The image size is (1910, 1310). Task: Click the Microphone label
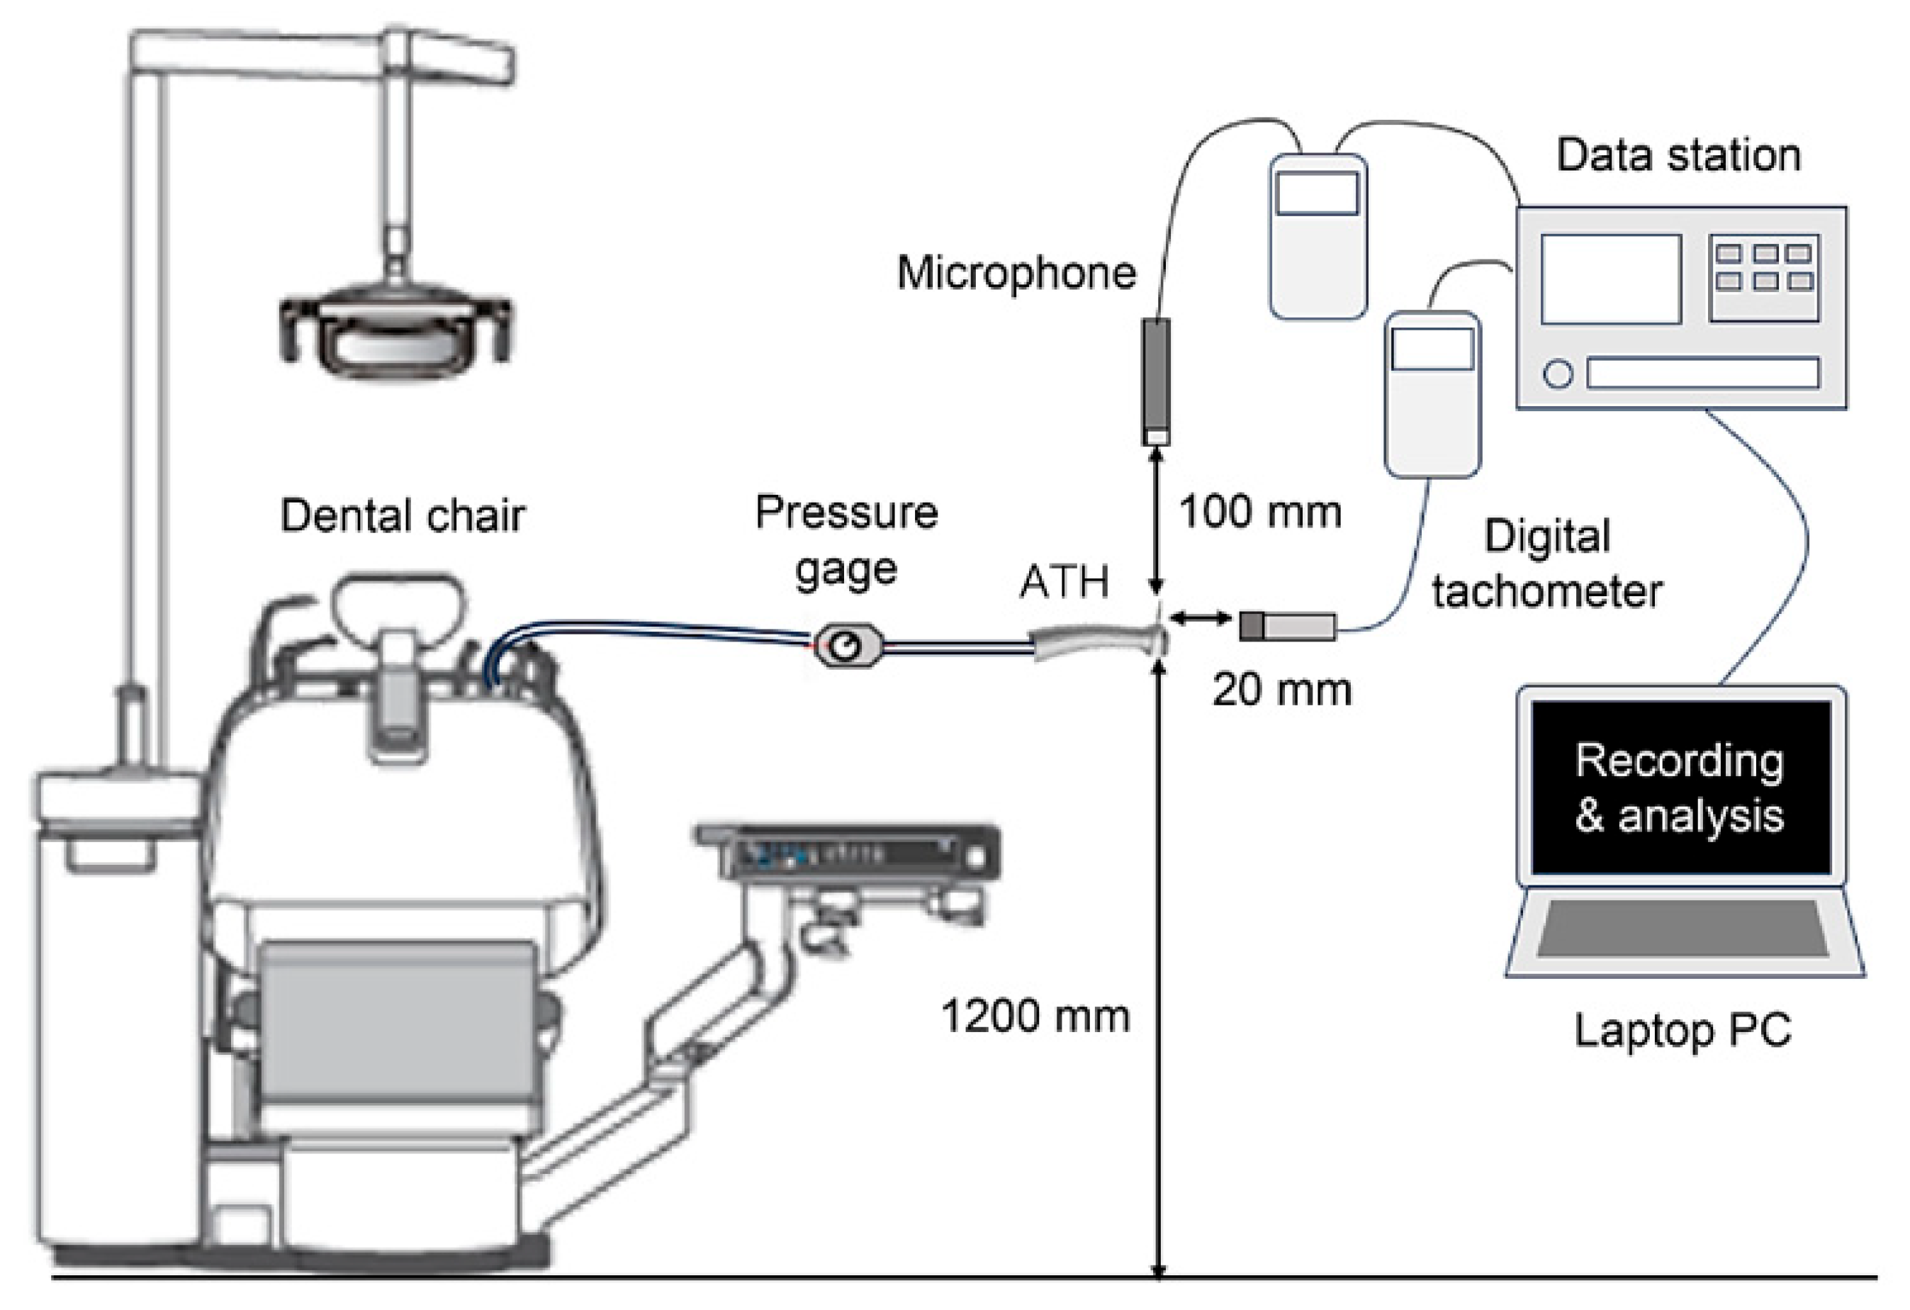coord(1016,273)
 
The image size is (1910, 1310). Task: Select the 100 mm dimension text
coord(1260,512)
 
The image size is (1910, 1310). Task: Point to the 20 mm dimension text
coord(1281,690)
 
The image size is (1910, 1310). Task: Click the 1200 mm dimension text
coord(1035,1017)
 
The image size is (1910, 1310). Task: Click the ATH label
coord(1064,582)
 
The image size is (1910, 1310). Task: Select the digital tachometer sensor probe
coord(1287,626)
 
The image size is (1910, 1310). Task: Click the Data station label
coord(1678,155)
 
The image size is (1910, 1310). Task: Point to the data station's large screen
coord(1610,279)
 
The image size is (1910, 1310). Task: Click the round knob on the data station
coord(1558,374)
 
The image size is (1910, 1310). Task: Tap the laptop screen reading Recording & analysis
coord(1680,788)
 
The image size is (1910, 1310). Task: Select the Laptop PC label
coord(1682,1030)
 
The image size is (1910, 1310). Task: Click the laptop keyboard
coord(1682,929)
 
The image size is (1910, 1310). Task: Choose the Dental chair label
coord(402,516)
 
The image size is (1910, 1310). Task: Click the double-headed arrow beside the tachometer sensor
coord(1200,618)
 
